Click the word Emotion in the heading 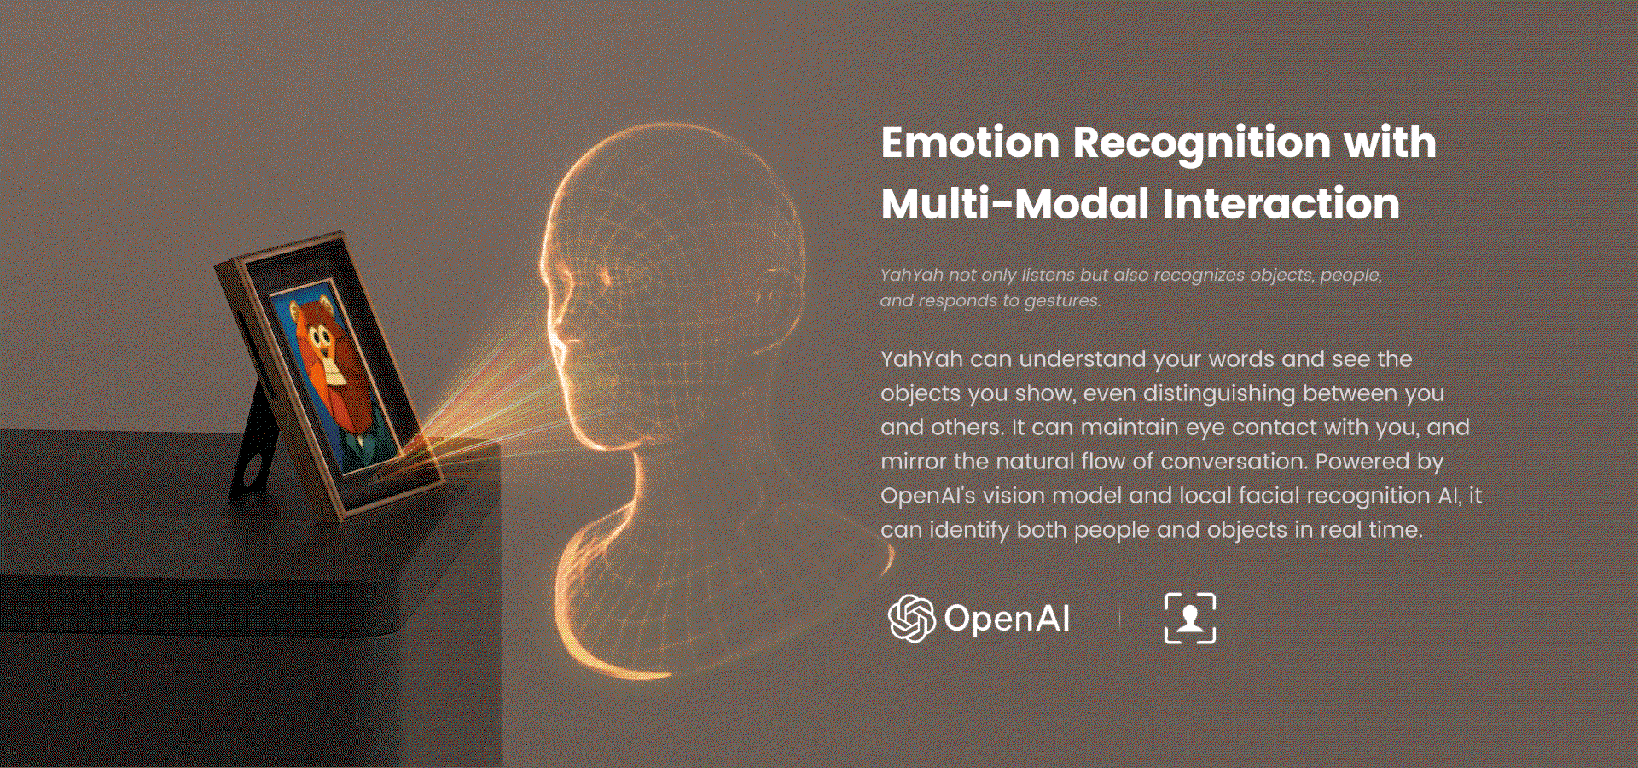point(970,143)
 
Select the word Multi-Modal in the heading point(1015,205)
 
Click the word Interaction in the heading point(1281,205)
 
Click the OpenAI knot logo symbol point(912,618)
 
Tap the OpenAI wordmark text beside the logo point(1007,619)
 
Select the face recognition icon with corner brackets point(1190,618)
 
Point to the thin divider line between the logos point(1119,618)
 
